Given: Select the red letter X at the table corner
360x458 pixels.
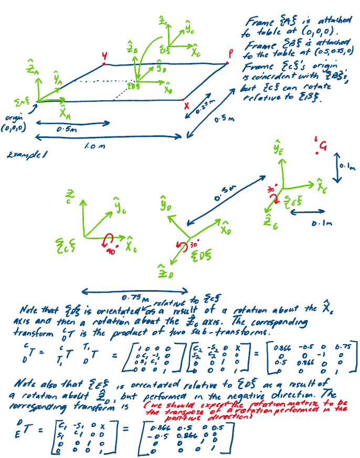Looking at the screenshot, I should [185, 105].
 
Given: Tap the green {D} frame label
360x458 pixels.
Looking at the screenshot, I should [199, 257].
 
